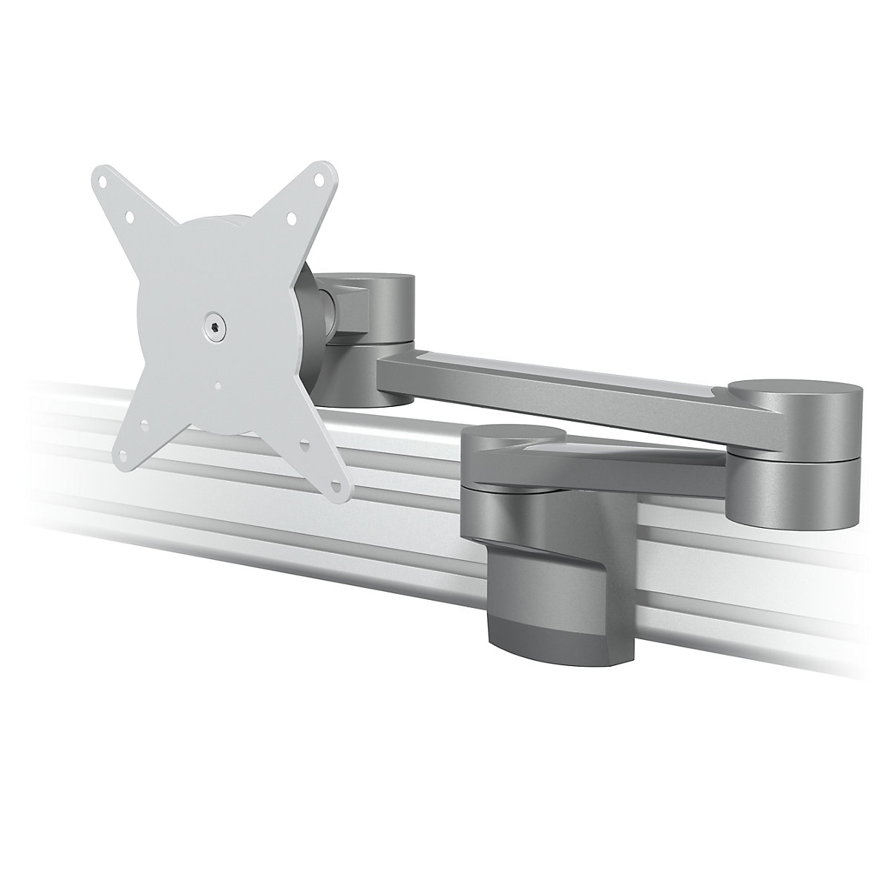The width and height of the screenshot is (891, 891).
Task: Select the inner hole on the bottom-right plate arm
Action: (x=304, y=446)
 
